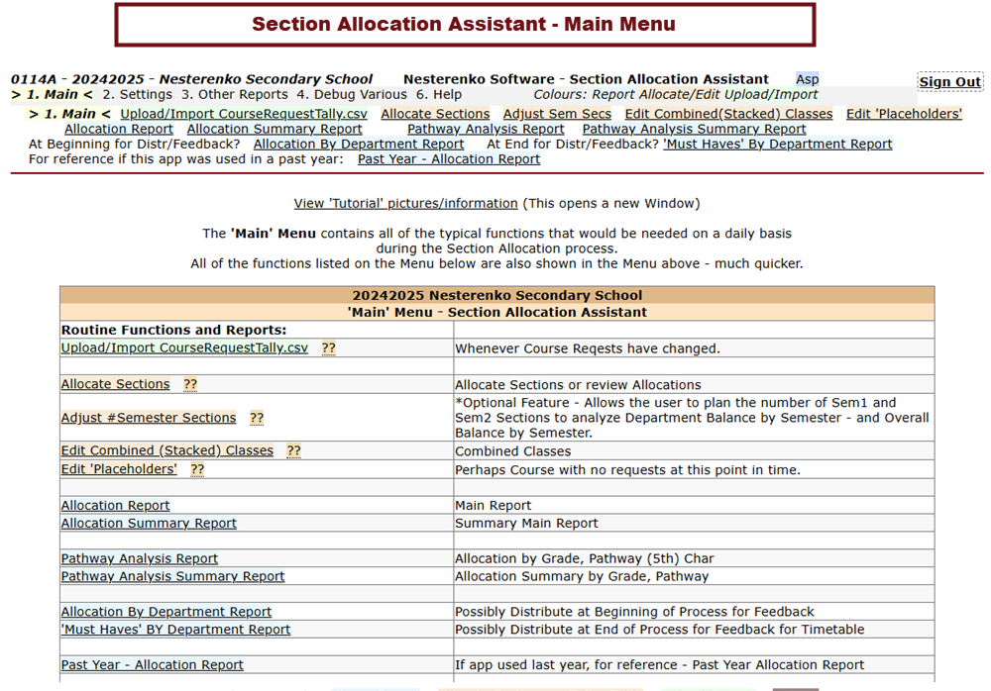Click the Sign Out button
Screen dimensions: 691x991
coord(949,82)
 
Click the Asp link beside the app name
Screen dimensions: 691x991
coord(807,79)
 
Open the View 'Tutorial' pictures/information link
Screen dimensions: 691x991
coord(405,203)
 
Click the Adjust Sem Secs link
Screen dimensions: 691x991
coord(557,114)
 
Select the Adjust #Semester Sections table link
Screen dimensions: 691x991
coord(149,418)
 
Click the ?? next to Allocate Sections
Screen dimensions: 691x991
coord(190,384)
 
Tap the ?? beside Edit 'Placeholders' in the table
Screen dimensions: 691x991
coord(197,469)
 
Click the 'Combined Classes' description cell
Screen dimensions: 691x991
coord(512,450)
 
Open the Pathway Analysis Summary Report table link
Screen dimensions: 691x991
coord(172,576)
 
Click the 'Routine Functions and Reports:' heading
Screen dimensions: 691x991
coord(173,330)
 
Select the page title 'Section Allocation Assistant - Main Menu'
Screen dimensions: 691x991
coord(464,24)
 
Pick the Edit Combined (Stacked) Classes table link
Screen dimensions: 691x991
coord(166,450)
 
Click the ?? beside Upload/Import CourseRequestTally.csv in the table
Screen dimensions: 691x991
coord(328,348)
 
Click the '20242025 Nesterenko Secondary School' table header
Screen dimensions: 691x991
coord(496,295)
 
